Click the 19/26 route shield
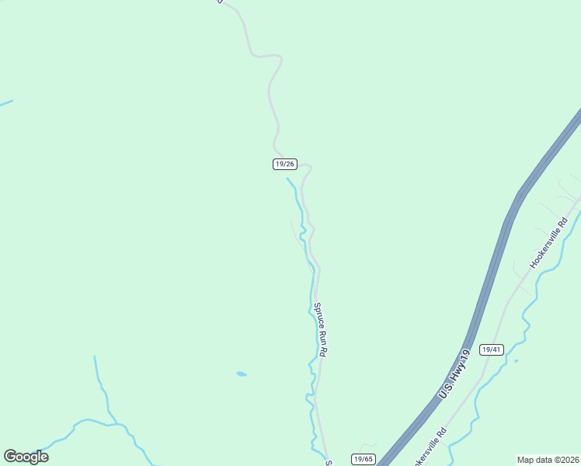(x=285, y=164)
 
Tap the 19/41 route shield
(x=492, y=349)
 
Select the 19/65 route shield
(x=363, y=459)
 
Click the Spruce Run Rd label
(x=320, y=329)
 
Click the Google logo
(x=26, y=457)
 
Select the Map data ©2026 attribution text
(x=548, y=459)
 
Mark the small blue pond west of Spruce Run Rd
(x=242, y=374)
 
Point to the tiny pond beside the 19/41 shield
(x=516, y=360)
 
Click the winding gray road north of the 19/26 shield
(x=271, y=93)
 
